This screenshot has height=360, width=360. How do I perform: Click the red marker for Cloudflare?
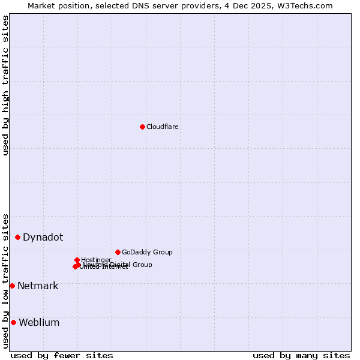coord(142,127)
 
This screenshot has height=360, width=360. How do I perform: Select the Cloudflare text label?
coord(163,127)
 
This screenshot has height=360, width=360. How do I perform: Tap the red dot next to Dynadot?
coord(18,238)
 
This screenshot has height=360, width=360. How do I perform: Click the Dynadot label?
coord(43,238)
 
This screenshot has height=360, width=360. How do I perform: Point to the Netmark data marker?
coord(12,286)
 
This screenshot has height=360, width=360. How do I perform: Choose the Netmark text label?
coord(38,286)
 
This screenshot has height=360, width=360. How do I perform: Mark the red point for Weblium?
coord(13,322)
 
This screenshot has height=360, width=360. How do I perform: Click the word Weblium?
coord(39,323)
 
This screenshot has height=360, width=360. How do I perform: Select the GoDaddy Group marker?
coord(118,252)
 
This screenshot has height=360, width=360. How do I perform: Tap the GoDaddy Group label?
coord(147,253)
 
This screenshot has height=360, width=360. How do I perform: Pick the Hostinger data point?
coord(77,260)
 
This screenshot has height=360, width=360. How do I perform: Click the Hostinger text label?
coord(96,260)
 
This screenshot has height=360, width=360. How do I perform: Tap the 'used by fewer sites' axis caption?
coord(62,355)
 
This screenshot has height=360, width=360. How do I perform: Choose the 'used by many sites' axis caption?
coord(301,355)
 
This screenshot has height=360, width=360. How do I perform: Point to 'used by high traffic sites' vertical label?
coord(5,85)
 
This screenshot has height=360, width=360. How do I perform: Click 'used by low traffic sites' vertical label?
coord(5,280)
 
